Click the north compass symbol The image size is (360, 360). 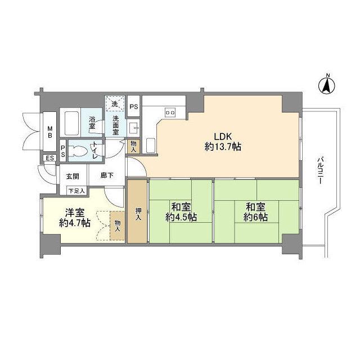(x=327, y=86)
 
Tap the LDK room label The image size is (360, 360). (x=223, y=136)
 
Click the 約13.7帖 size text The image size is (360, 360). (x=223, y=146)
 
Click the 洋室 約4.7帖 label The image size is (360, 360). (x=75, y=218)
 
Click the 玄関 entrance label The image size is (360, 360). (x=73, y=176)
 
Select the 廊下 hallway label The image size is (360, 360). (x=107, y=175)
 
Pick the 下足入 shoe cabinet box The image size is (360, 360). (x=77, y=191)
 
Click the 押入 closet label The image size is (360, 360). (x=138, y=214)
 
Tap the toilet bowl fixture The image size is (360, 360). (x=78, y=151)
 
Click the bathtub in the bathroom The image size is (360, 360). (x=72, y=124)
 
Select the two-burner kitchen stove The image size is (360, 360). (x=170, y=112)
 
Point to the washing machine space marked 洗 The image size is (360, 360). (x=115, y=103)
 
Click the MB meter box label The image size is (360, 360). (x=50, y=132)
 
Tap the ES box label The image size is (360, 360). (x=50, y=158)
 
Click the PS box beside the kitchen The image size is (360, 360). (x=134, y=106)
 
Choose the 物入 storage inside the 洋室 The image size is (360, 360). (x=118, y=226)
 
